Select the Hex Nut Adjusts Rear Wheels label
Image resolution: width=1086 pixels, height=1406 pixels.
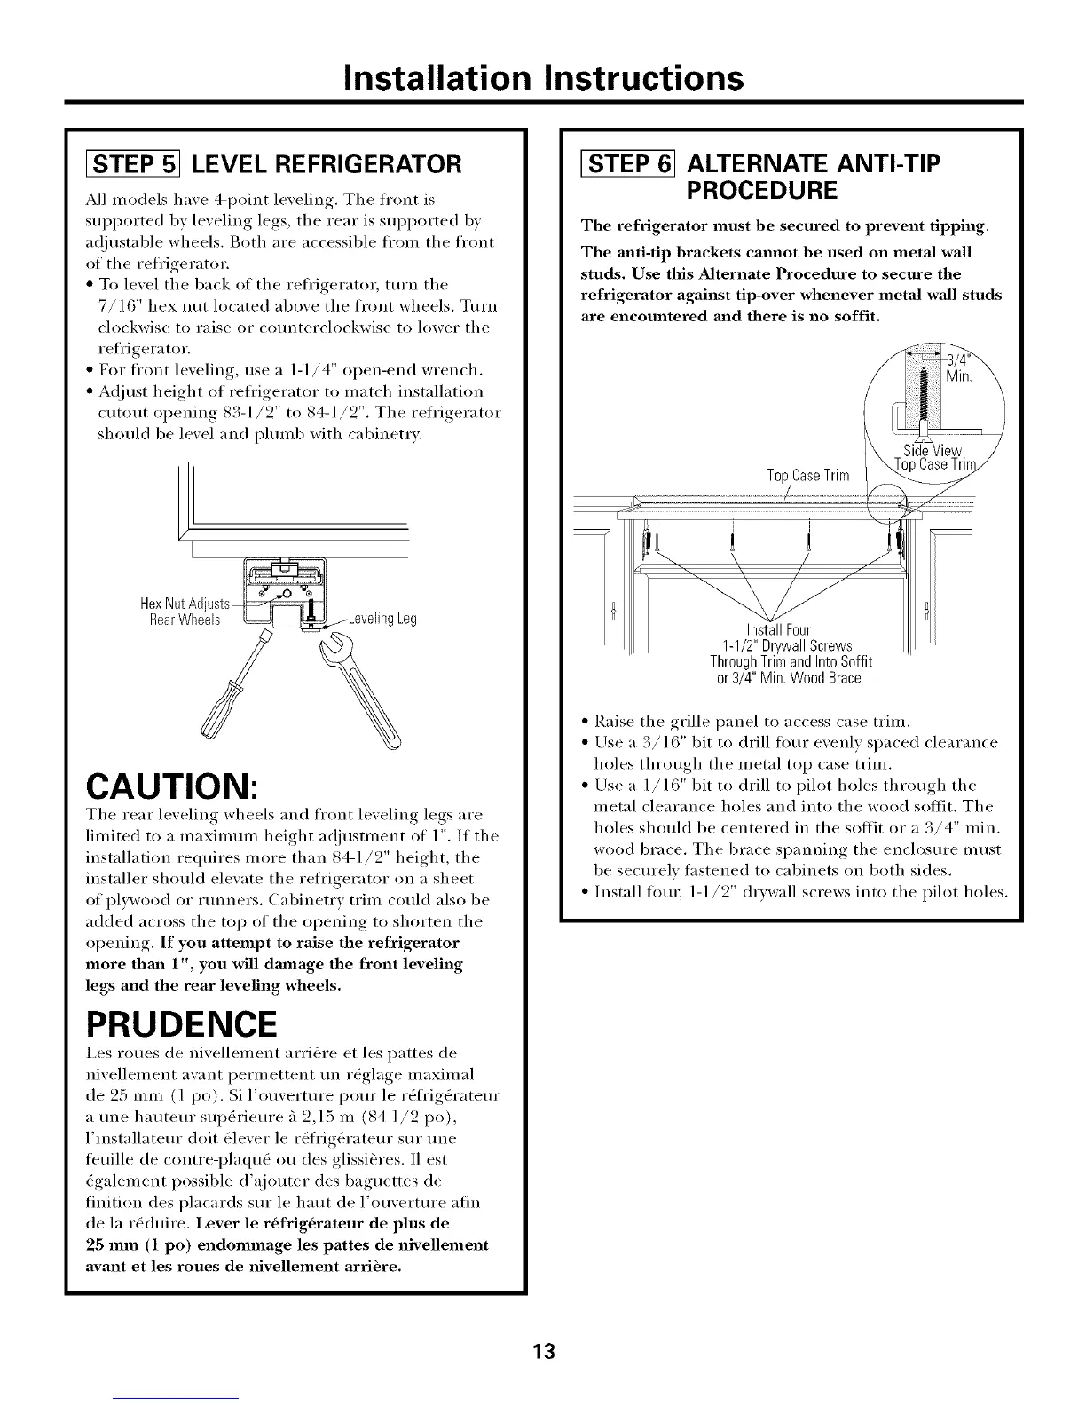tap(185, 612)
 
